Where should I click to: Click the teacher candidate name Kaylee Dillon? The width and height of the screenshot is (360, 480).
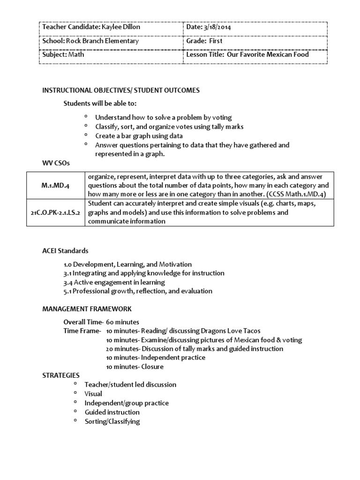click(x=120, y=27)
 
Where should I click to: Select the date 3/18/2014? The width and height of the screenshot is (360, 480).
click(x=216, y=27)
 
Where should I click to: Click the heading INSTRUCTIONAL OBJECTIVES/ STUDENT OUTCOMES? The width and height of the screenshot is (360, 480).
click(x=121, y=90)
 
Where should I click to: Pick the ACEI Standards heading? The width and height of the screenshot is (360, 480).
click(x=65, y=251)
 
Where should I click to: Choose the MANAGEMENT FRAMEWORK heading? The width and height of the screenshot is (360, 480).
click(x=87, y=309)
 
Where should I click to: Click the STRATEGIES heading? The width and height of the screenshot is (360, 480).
click(x=61, y=375)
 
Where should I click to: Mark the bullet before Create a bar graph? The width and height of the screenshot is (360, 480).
click(x=86, y=135)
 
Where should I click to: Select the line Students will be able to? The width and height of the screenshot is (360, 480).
click(x=100, y=103)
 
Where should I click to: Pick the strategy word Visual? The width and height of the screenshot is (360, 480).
click(x=93, y=394)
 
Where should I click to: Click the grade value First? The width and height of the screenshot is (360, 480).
click(x=216, y=41)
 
